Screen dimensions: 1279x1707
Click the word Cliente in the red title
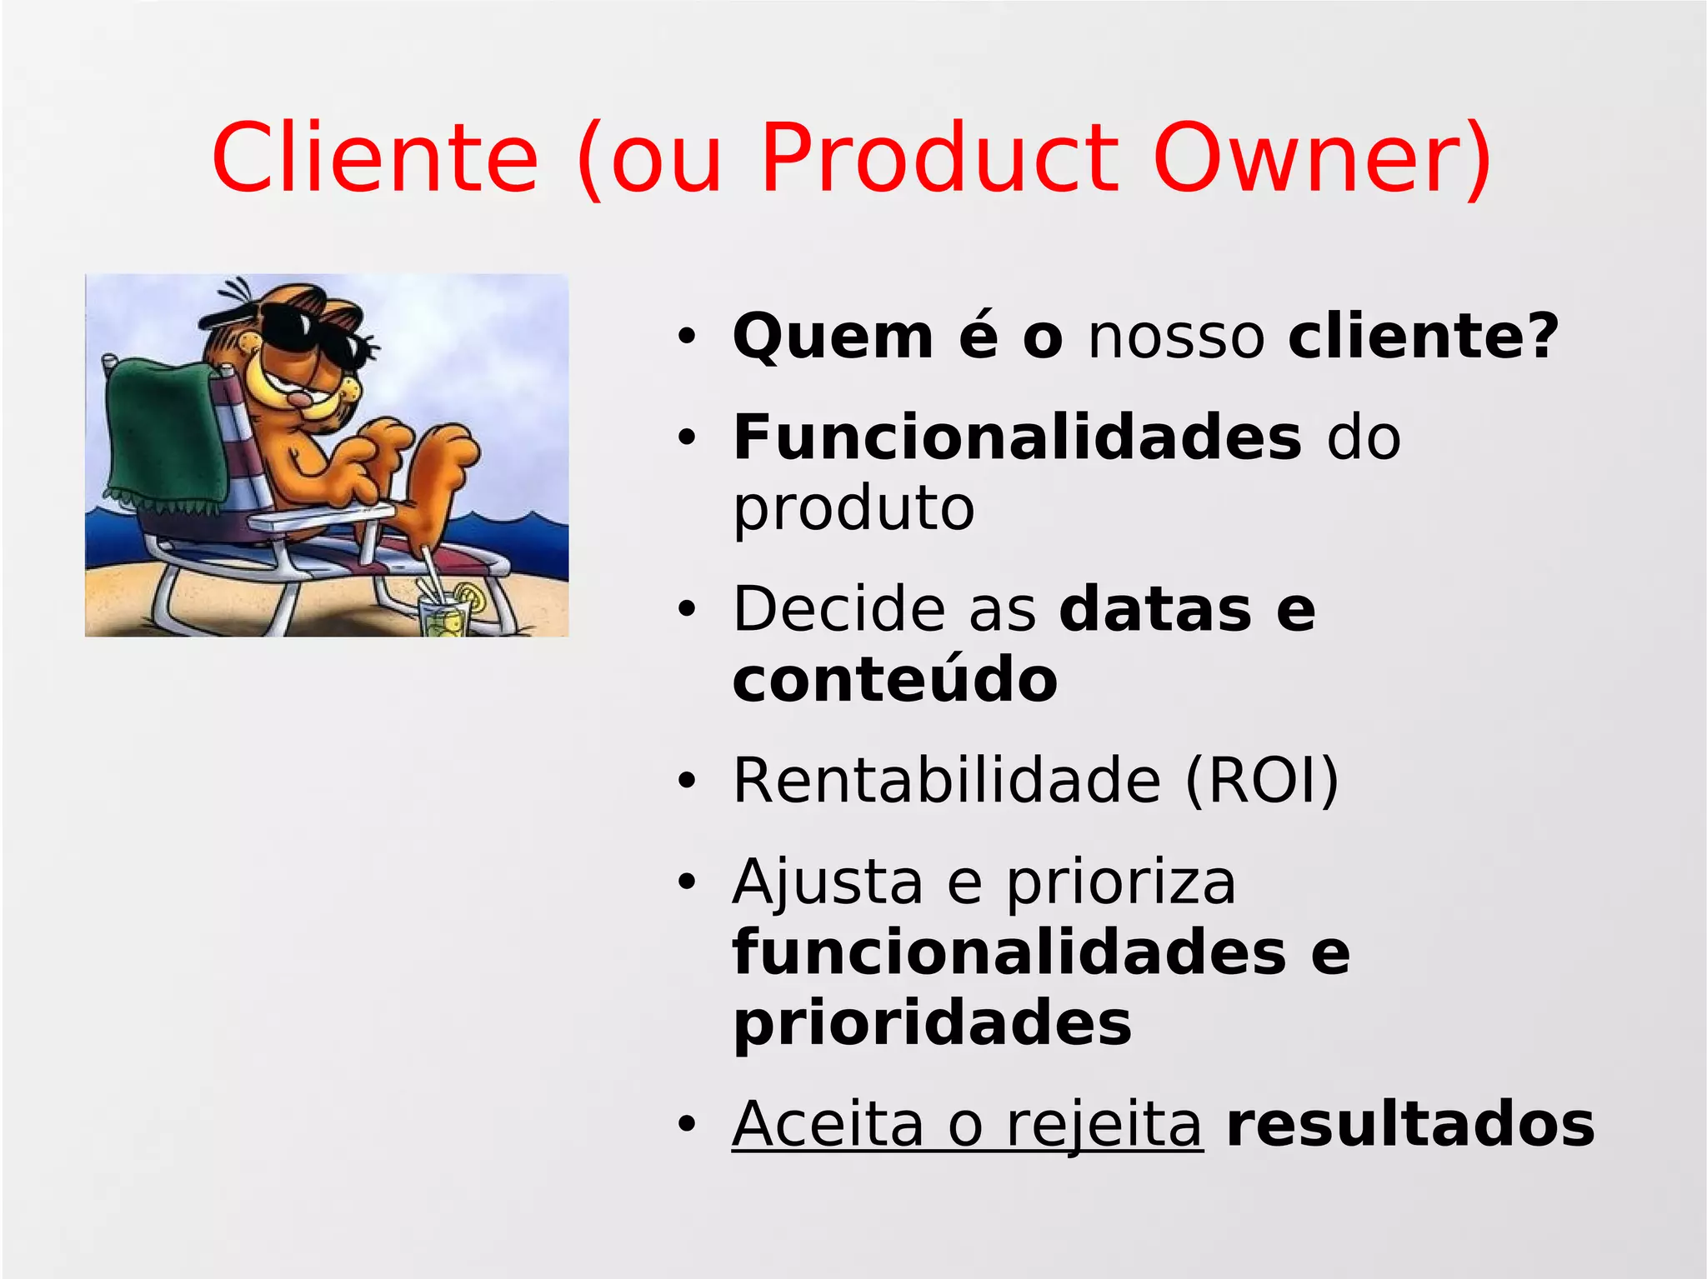pos(375,158)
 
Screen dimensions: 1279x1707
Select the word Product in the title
pos(939,158)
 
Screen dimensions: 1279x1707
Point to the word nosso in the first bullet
pos(1176,337)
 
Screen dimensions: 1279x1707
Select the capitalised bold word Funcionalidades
pos(1016,437)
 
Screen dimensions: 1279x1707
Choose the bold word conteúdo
pos(894,679)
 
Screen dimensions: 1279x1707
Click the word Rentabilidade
pos(947,781)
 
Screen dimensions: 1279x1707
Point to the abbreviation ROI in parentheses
pos(1262,781)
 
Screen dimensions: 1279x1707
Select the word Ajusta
pos(828,882)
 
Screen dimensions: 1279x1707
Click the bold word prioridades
pos(932,1024)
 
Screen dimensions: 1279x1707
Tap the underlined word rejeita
pos(1104,1124)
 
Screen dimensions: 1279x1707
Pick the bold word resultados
pos(1410,1124)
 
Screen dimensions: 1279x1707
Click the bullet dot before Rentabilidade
pos(686,782)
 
